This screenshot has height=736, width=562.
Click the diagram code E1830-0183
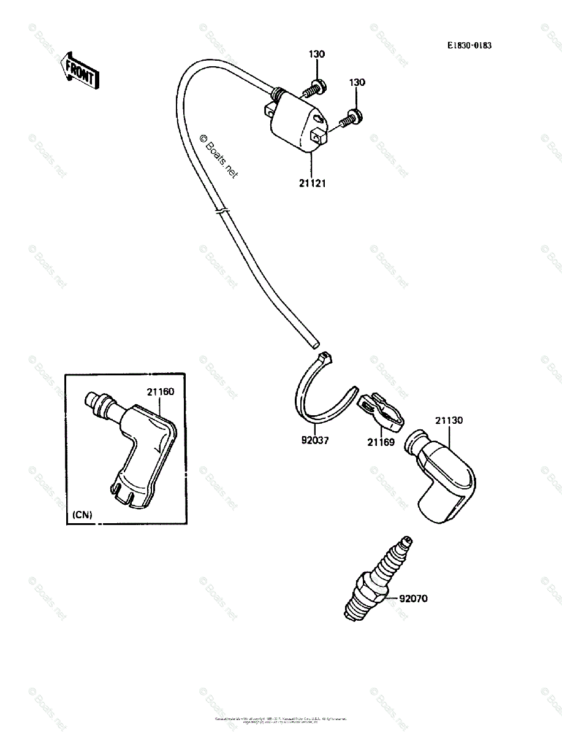(469, 45)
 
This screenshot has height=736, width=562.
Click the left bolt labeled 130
(315, 90)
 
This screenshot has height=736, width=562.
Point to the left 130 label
(317, 55)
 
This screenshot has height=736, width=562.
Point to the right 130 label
(357, 82)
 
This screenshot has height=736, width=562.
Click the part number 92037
(314, 440)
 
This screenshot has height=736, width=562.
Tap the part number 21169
(381, 442)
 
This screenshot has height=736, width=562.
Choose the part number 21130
(449, 421)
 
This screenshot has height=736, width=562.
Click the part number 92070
(414, 599)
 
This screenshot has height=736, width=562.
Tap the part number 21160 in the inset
(160, 391)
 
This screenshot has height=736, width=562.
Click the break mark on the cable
(222, 212)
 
